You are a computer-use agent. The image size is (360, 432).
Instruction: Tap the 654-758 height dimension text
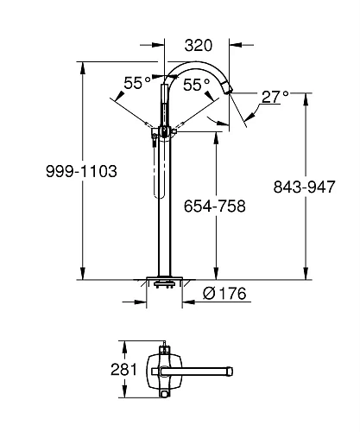tap(215, 206)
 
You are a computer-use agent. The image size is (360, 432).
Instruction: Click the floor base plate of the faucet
tap(164, 282)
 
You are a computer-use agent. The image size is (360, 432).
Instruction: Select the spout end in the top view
tap(229, 372)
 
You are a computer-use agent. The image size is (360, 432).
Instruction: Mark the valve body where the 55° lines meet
tap(163, 131)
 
